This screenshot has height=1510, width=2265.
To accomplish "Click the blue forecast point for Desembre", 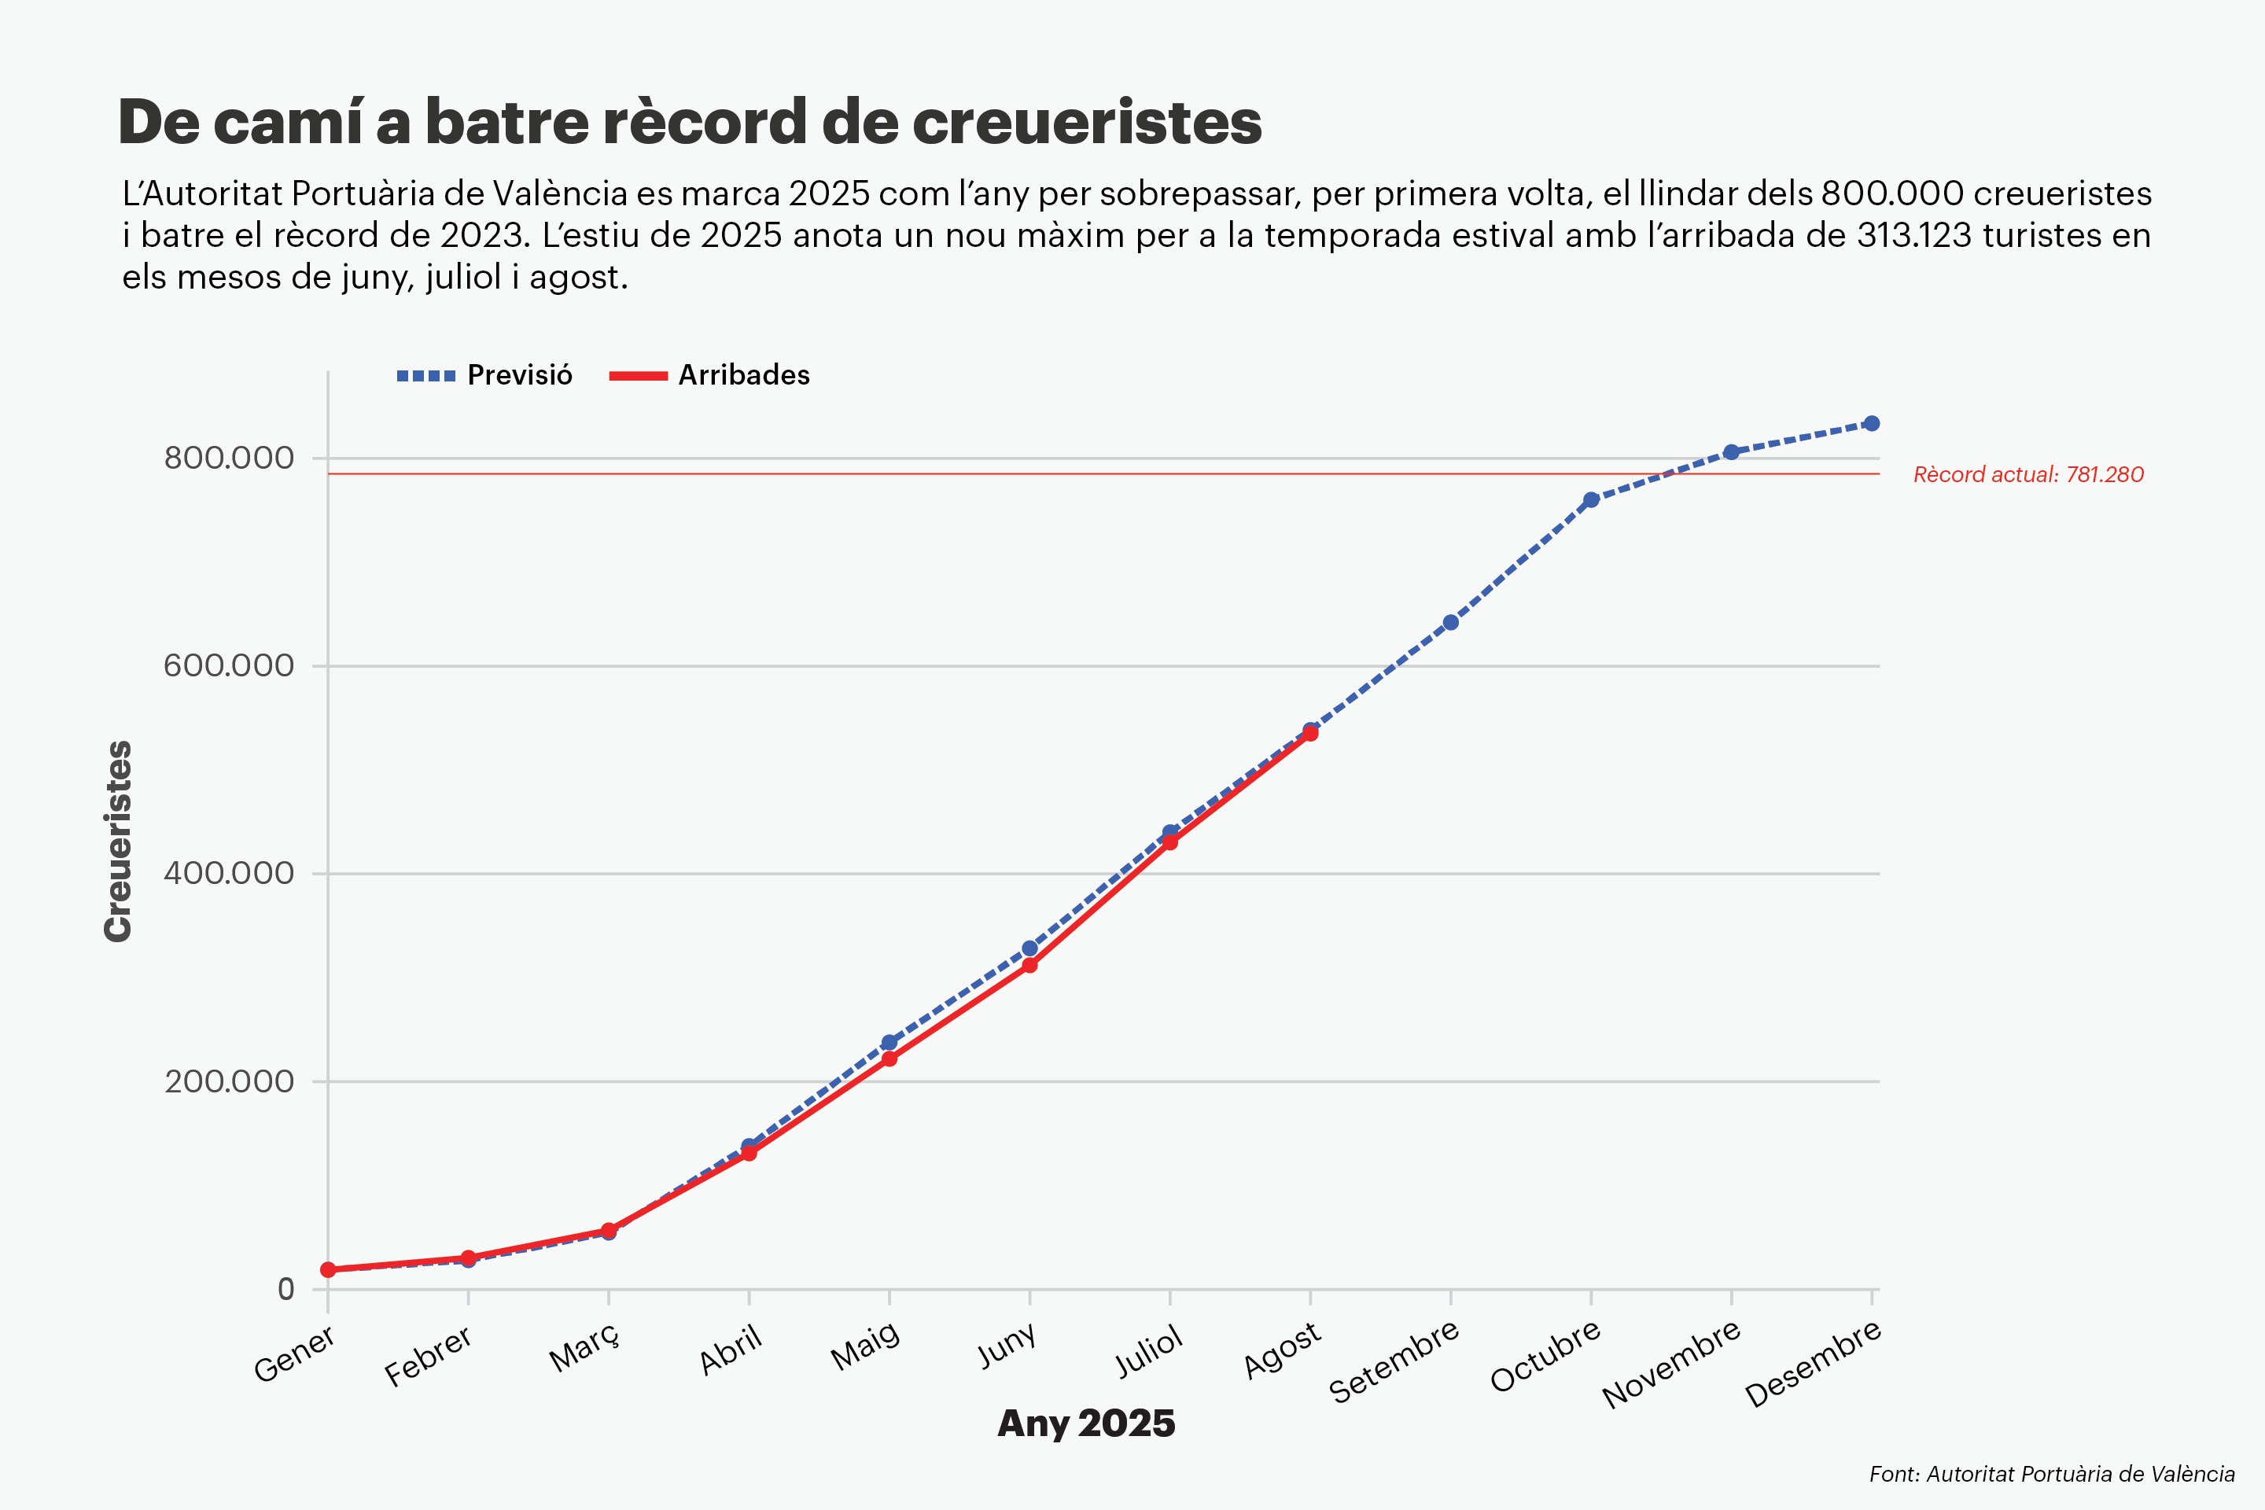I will (1871, 424).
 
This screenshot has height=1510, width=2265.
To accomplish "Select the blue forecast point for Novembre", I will (1732, 451).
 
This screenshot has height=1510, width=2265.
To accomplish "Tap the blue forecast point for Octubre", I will (1591, 500).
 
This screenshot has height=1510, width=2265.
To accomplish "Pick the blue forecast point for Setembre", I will (1450, 622).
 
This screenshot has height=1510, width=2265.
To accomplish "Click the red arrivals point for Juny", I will (1029, 965).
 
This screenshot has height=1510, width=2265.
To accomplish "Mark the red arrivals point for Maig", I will (889, 1059).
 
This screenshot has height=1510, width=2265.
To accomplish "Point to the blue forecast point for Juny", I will (1029, 948).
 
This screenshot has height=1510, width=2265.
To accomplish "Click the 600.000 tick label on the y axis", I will (228, 665).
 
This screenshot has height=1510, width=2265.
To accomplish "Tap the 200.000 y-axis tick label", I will (228, 1081).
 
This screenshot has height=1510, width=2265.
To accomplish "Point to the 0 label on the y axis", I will (286, 1290).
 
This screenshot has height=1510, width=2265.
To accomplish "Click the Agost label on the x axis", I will (1282, 1350).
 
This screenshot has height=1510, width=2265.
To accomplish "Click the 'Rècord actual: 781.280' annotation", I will (2028, 475).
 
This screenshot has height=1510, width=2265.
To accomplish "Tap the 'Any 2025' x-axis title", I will (1086, 1423).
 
